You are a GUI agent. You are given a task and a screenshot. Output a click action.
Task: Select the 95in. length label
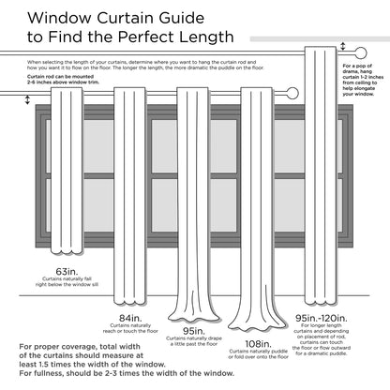pyautogui.click(x=194, y=330)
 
